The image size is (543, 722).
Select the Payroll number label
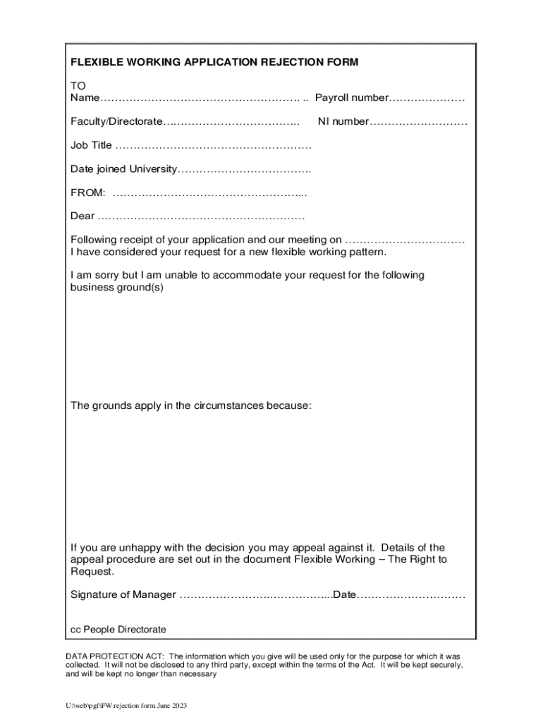[352, 97]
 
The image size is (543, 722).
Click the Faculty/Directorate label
[116, 122]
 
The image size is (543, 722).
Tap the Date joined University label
[123, 169]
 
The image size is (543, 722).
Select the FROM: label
[88, 192]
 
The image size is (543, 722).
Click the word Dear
[83, 216]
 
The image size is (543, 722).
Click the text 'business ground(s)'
[117, 288]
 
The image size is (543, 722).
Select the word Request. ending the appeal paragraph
[92, 571]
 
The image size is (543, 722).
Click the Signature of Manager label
[123, 594]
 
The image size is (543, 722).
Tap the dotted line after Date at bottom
[411, 594]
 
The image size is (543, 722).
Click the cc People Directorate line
[118, 629]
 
